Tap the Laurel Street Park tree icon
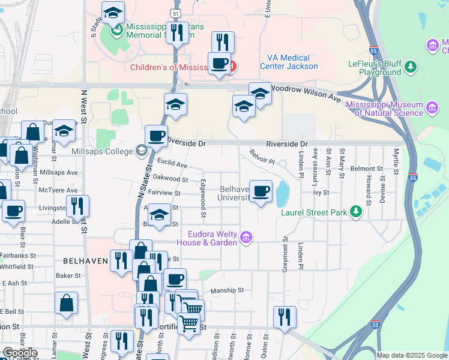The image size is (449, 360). (x=356, y=212)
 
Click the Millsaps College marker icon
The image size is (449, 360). (x=141, y=150)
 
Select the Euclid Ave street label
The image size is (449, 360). (x=172, y=164)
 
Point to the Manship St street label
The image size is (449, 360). (x=226, y=290)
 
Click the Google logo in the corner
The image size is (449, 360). (x=19, y=353)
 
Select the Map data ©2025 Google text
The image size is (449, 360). (x=412, y=355)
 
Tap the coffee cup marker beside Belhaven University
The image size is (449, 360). (x=261, y=191)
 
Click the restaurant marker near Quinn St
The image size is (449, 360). (x=284, y=317)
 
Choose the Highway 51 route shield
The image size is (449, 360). (x=175, y=12)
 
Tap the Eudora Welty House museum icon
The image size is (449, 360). (x=246, y=238)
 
